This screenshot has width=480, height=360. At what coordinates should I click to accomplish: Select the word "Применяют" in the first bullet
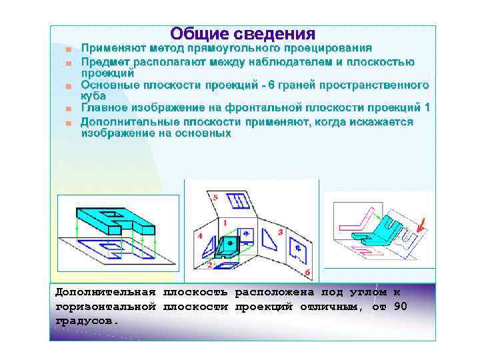[113, 48]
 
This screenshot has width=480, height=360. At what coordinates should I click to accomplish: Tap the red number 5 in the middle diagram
[215, 198]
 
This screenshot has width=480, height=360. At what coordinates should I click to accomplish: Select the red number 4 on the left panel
[201, 236]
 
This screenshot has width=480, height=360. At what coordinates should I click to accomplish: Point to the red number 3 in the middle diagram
[281, 231]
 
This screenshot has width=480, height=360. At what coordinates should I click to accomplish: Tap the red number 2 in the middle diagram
[210, 265]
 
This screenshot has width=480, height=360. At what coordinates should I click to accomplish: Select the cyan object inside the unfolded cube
[231, 245]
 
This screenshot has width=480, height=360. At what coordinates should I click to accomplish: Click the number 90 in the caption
[400, 306]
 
